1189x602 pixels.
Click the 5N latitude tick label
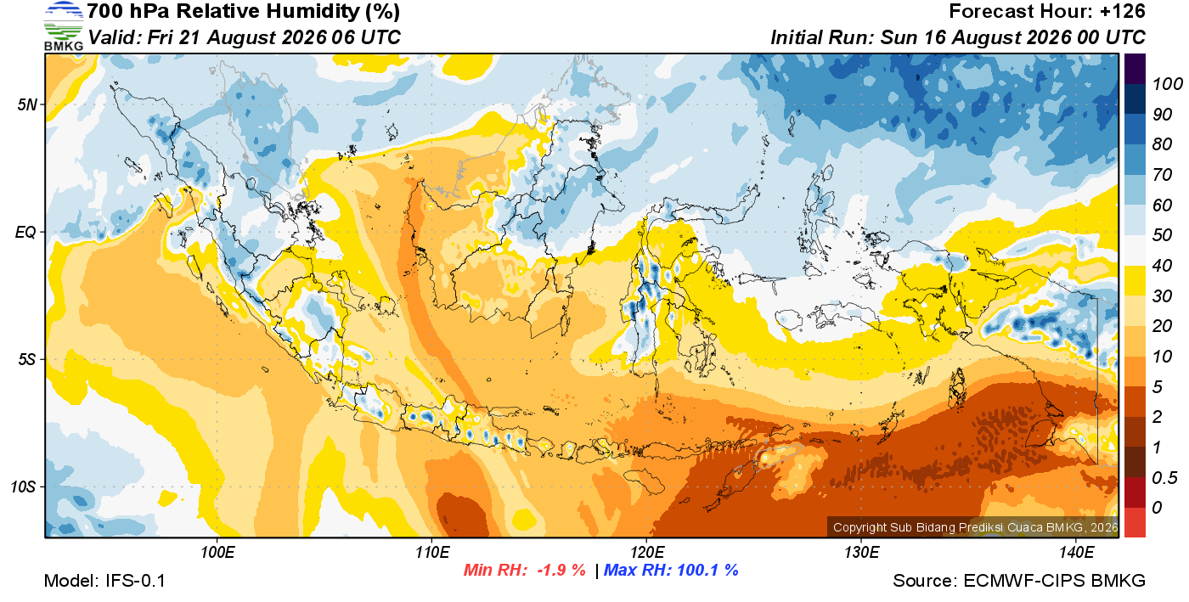click(x=27, y=104)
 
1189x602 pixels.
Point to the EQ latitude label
click(x=26, y=232)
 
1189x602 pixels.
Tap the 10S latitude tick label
click(x=24, y=487)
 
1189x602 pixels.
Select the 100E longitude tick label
click(x=217, y=553)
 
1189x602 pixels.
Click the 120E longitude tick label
click(x=647, y=553)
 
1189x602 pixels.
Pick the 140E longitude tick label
click(x=1077, y=553)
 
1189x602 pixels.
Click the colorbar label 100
click(x=1167, y=84)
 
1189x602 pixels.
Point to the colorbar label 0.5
click(x=1164, y=478)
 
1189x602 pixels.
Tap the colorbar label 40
click(x=1162, y=266)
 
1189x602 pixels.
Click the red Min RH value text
click(x=525, y=570)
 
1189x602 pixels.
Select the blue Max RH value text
click(x=671, y=570)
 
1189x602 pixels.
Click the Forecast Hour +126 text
click(x=1046, y=11)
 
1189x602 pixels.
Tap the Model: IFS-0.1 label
click(x=104, y=581)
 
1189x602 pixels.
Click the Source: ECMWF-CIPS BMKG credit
click(x=1018, y=581)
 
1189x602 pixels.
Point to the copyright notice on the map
click(x=975, y=527)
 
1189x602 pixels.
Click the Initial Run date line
click(x=958, y=37)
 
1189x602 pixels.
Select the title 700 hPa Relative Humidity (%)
click(x=243, y=12)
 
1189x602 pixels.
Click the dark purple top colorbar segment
click(x=1135, y=69)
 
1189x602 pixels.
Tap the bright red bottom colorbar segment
click(x=1135, y=522)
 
